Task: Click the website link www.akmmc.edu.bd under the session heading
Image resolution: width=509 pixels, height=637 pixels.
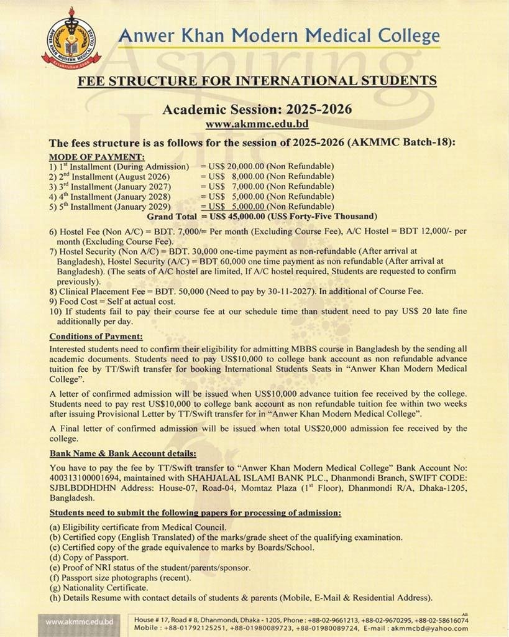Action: click(257, 124)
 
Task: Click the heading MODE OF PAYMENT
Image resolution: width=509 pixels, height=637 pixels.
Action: click(96, 156)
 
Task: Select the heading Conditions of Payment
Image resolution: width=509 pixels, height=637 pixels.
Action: click(96, 337)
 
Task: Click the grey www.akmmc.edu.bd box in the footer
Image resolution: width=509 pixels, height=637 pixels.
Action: click(79, 621)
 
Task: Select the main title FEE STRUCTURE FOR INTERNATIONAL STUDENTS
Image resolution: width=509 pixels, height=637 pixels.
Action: click(257, 80)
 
